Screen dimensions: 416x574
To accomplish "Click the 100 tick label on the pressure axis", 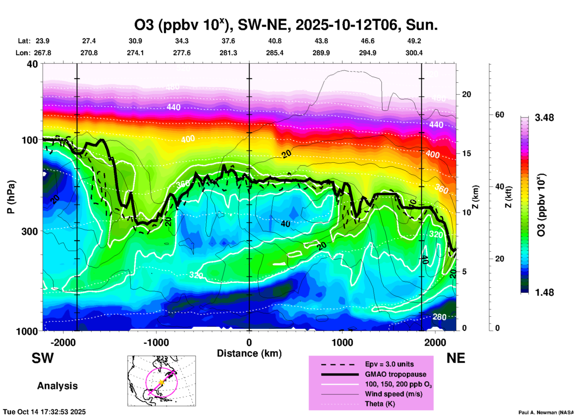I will [x=30, y=140].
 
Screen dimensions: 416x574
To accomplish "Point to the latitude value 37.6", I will [x=228, y=41].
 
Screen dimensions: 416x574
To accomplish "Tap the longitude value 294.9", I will [x=367, y=53].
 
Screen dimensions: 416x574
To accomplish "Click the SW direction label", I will [x=43, y=358].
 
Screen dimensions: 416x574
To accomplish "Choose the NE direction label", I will [x=456, y=358].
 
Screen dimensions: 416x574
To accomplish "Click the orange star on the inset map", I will [x=161, y=382].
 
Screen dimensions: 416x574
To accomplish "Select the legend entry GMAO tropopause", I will [x=395, y=374].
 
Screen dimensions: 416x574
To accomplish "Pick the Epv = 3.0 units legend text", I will [x=389, y=364].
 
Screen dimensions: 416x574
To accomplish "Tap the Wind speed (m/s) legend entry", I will [x=393, y=394].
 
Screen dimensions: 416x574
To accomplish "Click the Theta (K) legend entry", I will [x=380, y=404].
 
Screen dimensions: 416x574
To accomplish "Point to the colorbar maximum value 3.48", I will [x=544, y=118].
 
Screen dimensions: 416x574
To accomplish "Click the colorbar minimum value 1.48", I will [x=544, y=292].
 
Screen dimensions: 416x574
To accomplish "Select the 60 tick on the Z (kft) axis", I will [x=499, y=115].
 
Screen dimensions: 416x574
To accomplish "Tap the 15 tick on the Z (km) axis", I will [x=466, y=153].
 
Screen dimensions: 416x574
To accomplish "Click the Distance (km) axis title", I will [x=249, y=353].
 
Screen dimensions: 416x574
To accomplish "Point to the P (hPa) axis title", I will [x=11, y=197].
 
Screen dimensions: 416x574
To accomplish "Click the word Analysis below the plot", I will [x=57, y=386].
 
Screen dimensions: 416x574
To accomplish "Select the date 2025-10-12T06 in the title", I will [x=346, y=25].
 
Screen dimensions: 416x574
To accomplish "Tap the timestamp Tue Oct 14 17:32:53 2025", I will [x=44, y=412].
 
